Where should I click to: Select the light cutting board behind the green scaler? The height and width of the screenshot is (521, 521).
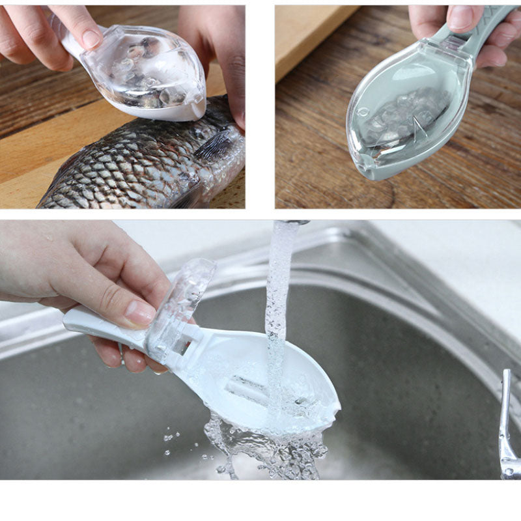point(313,39)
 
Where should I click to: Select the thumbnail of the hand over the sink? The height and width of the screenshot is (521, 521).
point(139,313)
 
